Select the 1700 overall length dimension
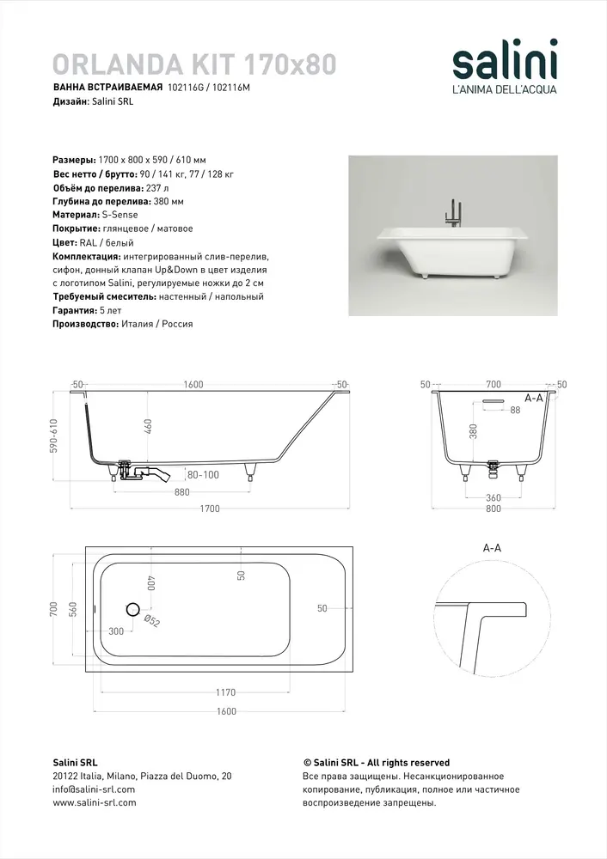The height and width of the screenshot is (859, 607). (x=210, y=509)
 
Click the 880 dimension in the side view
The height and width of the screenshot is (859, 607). (x=182, y=492)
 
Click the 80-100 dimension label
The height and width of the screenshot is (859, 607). (x=203, y=474)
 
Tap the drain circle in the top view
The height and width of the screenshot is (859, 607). (x=132, y=609)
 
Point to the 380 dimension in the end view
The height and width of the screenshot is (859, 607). (x=472, y=430)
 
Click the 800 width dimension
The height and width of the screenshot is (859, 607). (x=492, y=509)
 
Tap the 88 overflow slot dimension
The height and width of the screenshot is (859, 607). (x=515, y=411)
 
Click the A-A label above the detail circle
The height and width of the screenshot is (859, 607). (x=494, y=547)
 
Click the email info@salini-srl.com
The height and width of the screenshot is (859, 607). (x=94, y=789)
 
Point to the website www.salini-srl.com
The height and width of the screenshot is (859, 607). (x=95, y=803)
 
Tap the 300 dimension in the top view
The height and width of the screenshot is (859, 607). (x=116, y=631)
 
